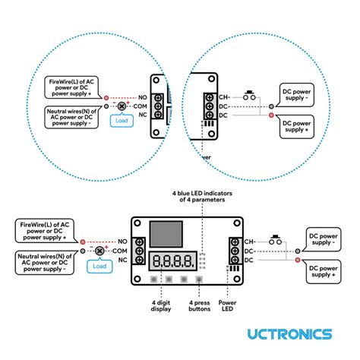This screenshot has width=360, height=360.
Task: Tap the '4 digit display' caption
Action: tap(161, 306)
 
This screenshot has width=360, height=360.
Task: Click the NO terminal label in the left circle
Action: tap(141, 98)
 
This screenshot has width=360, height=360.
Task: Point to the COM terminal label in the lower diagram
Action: tap(120, 250)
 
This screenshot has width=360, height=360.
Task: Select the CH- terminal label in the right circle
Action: tap(224, 98)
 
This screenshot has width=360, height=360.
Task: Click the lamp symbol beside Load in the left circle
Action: tap(122, 107)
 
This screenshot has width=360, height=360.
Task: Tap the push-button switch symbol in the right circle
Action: tap(249, 96)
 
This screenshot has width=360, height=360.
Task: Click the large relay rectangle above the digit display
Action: tap(165, 235)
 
